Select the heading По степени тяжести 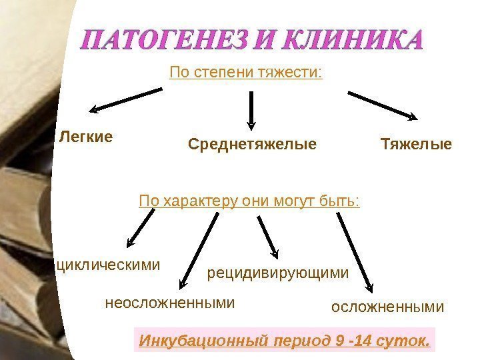(246, 71)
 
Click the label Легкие (86, 137)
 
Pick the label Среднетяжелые (252, 144)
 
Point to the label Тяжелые (416, 144)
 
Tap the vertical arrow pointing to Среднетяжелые (251, 109)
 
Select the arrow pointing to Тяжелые (383, 105)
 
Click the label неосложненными (171, 303)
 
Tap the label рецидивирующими (279, 273)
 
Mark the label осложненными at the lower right (387, 307)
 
